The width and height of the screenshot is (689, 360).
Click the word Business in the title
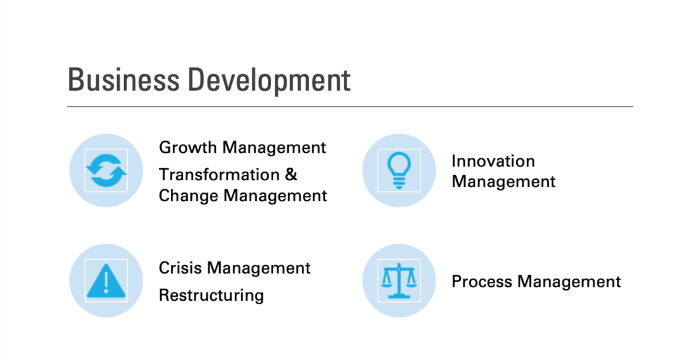(x=124, y=79)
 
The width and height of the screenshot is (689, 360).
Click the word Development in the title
(x=269, y=81)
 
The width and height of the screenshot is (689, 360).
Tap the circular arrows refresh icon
(x=106, y=170)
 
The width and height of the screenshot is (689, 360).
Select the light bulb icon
(x=399, y=170)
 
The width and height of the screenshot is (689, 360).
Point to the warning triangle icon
(x=106, y=281)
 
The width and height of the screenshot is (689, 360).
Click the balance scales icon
(x=399, y=281)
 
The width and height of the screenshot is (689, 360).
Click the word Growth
(x=188, y=147)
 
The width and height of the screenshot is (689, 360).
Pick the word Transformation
(x=219, y=174)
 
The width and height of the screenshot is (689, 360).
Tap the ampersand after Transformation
(x=291, y=174)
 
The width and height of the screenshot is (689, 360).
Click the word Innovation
(x=493, y=161)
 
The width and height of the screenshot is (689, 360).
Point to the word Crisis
(x=180, y=268)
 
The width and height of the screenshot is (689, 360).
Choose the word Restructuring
(x=211, y=295)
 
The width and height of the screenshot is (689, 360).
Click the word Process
(x=482, y=281)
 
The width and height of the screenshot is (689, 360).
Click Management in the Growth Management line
(x=275, y=148)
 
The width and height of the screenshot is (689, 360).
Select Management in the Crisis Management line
(x=259, y=268)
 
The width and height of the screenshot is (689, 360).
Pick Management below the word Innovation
(x=503, y=182)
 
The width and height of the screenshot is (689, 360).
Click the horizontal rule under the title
(x=350, y=106)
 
